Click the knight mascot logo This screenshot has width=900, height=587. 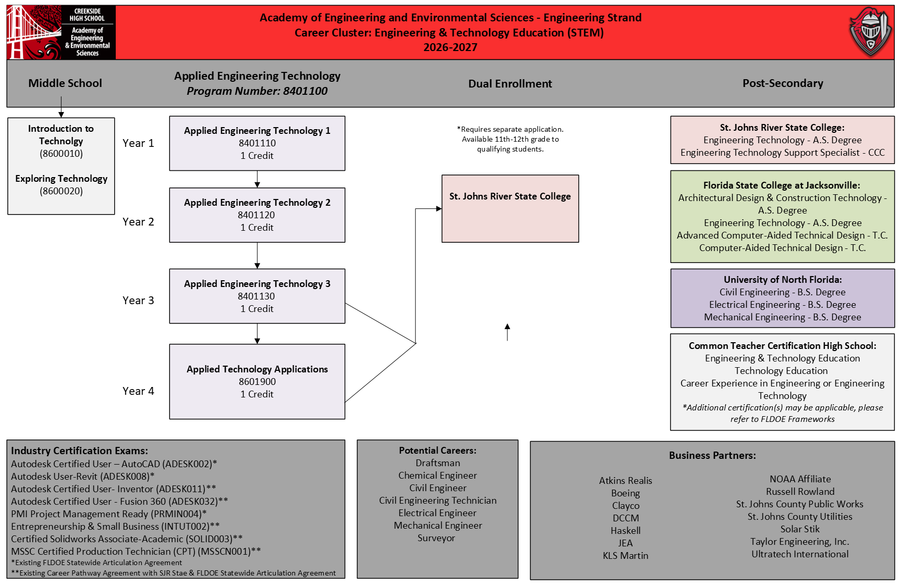point(870,32)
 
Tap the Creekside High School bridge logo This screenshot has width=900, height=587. point(61,32)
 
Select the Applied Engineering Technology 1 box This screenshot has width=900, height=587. point(257,143)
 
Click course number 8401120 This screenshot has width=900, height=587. point(257,215)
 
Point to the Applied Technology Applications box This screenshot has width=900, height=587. point(257,381)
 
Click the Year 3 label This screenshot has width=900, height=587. point(138,301)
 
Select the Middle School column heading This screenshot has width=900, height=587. point(65,83)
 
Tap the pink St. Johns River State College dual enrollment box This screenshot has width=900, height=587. point(510,208)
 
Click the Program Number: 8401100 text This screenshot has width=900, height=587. point(257,91)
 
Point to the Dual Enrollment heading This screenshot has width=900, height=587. point(510,84)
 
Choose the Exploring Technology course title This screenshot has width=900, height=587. point(62,179)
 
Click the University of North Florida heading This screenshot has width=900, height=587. point(783,280)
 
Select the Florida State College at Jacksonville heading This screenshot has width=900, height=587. point(782,185)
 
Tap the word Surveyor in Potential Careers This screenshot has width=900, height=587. point(436,538)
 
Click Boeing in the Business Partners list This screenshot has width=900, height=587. point(626,493)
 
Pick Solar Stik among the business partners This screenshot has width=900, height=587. point(800,529)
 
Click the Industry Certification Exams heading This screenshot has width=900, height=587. point(80,451)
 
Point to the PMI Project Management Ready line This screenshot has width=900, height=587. point(109,514)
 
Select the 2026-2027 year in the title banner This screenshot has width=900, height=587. point(451,47)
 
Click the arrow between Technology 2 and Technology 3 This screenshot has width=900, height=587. point(257,256)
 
